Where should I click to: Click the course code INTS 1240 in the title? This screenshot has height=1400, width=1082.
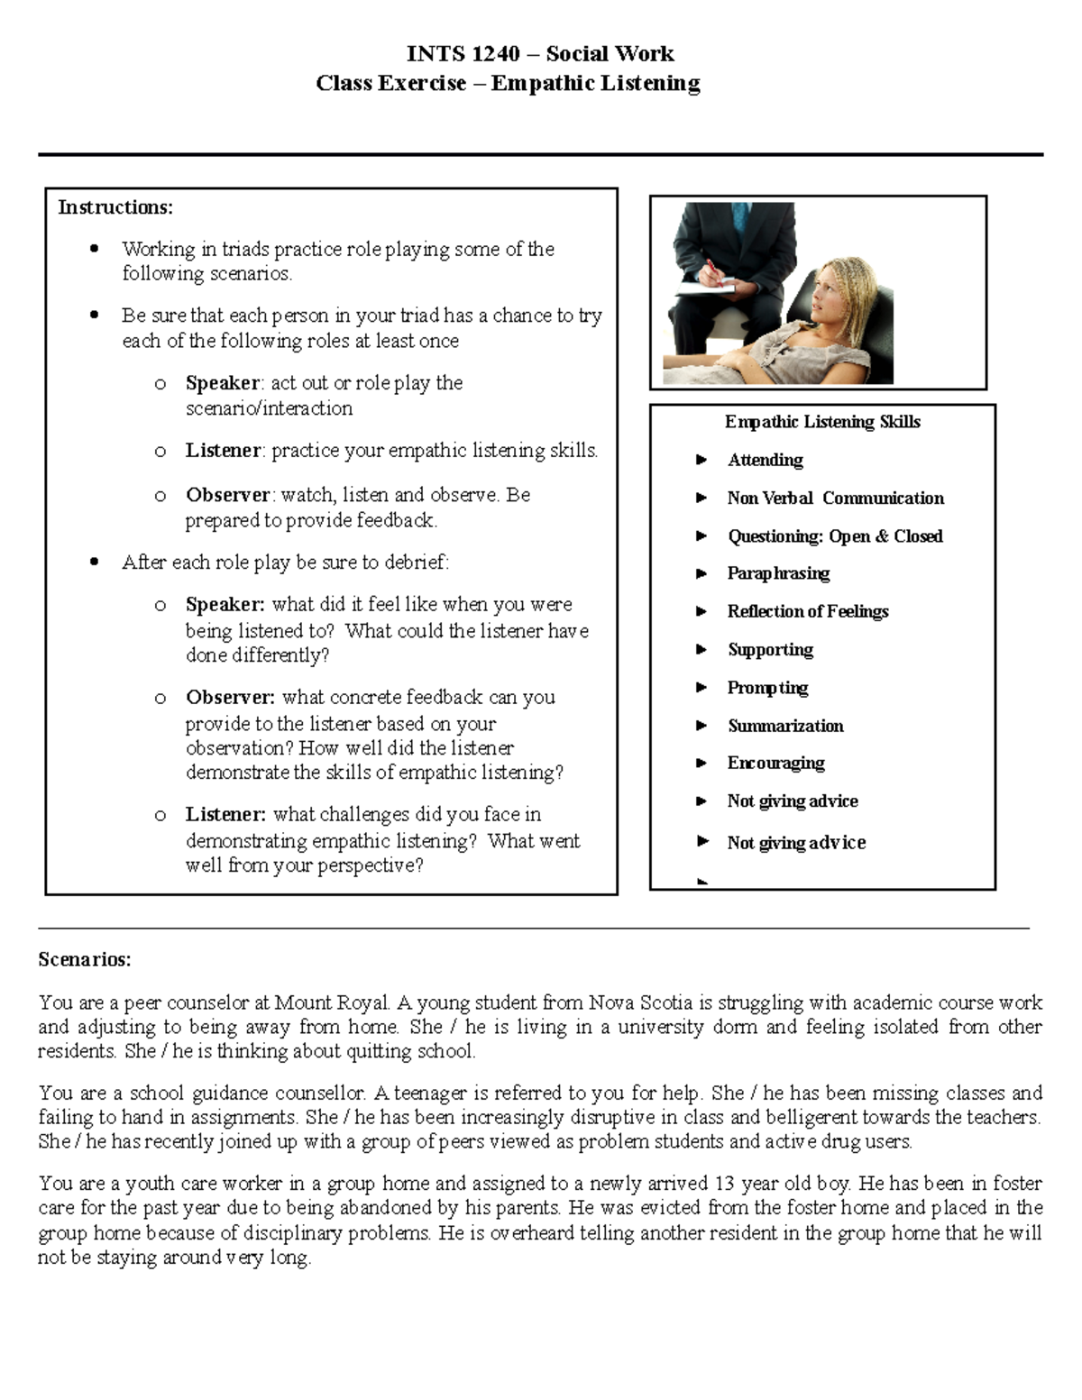point(463,54)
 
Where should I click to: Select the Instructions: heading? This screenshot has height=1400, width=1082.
point(115,207)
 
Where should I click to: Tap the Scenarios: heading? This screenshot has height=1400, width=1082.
point(84,959)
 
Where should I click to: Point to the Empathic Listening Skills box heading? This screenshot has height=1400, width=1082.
point(822,422)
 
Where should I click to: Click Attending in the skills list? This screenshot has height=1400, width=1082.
point(765,460)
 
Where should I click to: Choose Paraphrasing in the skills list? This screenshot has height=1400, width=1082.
point(778,573)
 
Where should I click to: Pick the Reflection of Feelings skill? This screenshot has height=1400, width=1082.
point(807,611)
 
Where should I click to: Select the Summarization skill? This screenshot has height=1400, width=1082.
point(785,726)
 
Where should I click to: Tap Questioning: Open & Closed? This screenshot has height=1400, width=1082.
point(835,536)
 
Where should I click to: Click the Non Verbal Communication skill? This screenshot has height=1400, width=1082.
point(835,499)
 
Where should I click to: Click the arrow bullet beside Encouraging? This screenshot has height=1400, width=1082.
point(701,764)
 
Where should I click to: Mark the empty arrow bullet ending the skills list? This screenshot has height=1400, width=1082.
point(701,882)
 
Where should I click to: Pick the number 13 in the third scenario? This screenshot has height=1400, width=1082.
point(724,1183)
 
